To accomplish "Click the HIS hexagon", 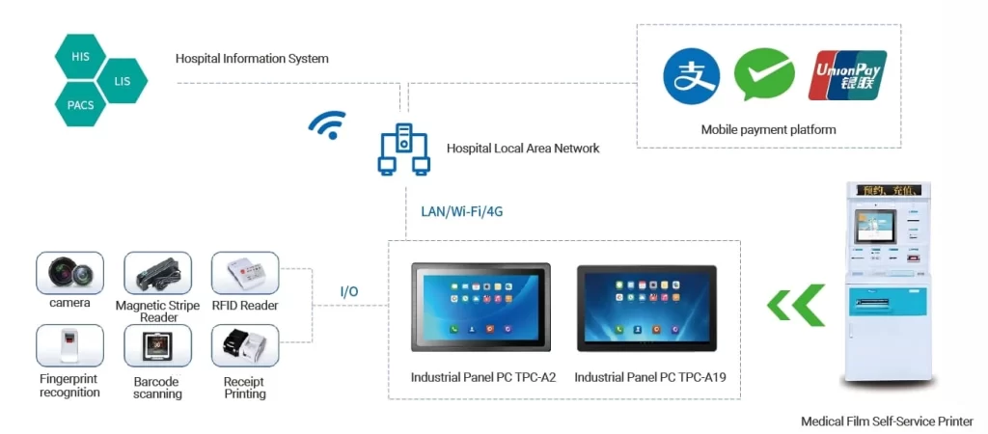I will (x=80, y=57).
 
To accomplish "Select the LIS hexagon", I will (x=122, y=81).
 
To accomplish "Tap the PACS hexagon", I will (x=80, y=104).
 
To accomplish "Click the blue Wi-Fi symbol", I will (x=328, y=124).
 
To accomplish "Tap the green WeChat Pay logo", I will (x=763, y=75).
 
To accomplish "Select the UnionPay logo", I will (x=846, y=75).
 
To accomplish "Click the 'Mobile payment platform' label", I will (x=768, y=129).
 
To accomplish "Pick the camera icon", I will (x=69, y=273).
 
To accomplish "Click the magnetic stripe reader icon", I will (x=157, y=274).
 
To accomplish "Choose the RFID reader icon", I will (x=244, y=274).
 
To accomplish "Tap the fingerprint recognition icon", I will (x=69, y=345).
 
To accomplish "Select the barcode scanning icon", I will (x=157, y=345).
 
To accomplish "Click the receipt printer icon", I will (x=244, y=345).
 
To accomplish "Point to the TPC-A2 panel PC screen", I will (x=480, y=306).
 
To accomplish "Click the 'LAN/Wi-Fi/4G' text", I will (x=461, y=211).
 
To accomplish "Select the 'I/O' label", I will (x=350, y=290).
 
